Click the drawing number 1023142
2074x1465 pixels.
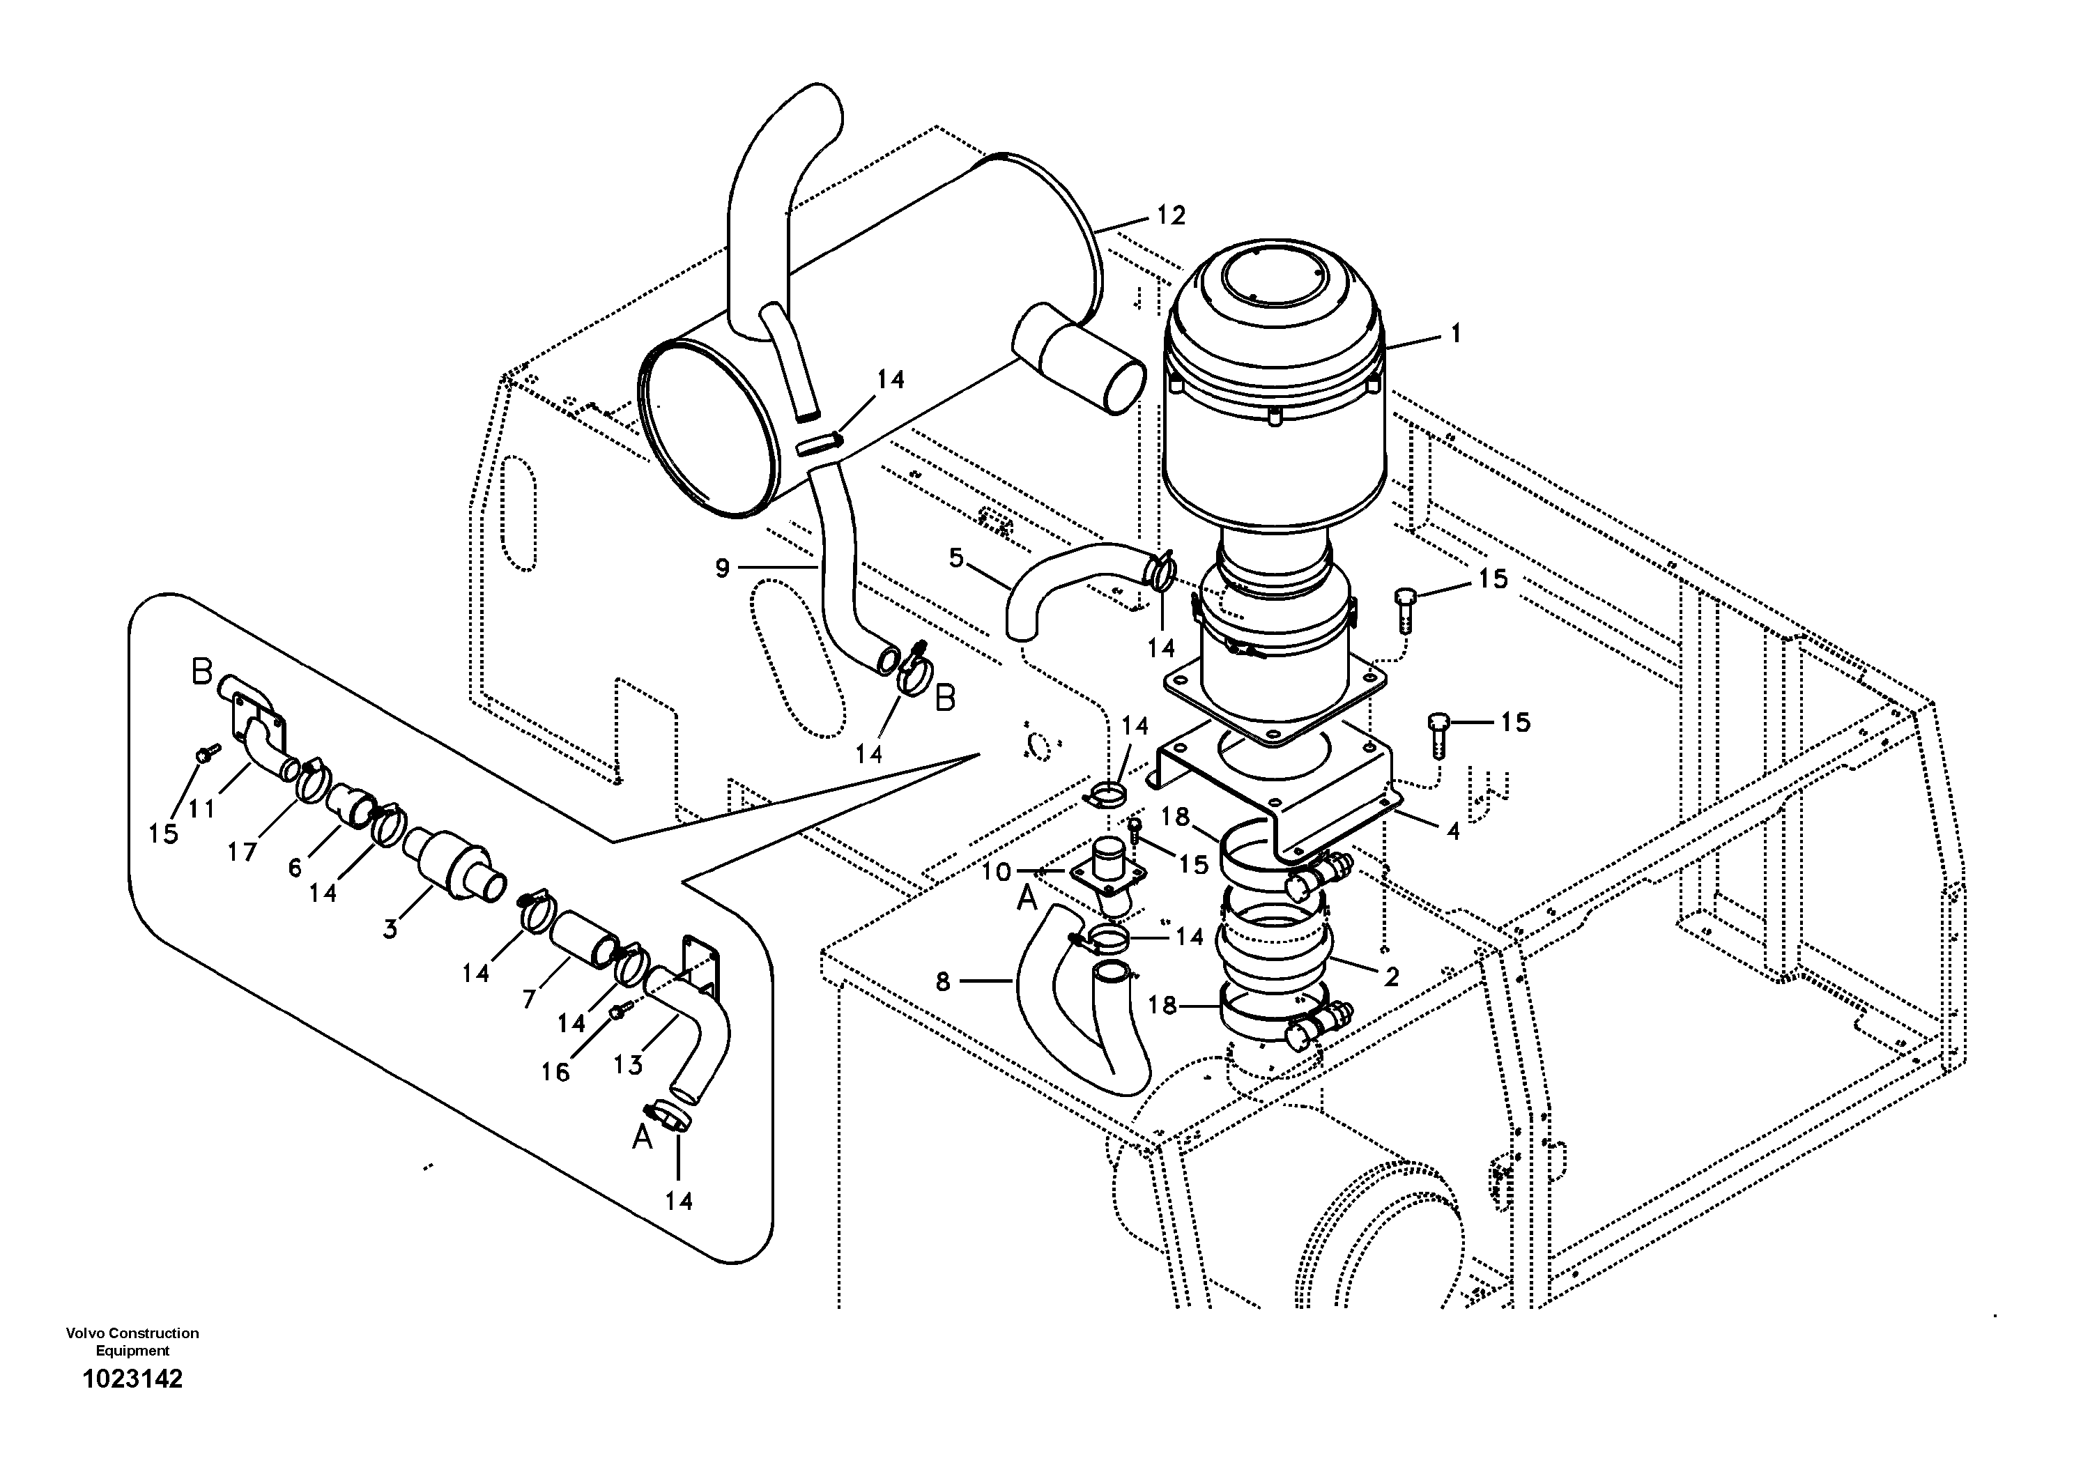click(132, 1379)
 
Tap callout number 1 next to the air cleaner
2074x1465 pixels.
click(1455, 333)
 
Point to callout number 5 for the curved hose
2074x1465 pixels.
click(957, 559)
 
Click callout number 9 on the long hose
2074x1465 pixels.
click(722, 568)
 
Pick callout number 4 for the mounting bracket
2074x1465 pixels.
click(1452, 830)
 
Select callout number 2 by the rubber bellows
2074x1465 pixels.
click(1391, 976)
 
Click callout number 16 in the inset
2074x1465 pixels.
click(555, 1072)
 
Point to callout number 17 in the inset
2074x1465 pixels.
click(242, 851)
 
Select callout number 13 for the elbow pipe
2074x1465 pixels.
click(628, 1065)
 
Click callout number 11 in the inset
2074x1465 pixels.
click(201, 808)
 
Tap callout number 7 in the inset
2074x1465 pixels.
click(530, 997)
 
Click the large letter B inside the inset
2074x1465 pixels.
click(201, 673)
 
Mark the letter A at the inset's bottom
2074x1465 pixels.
click(643, 1138)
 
